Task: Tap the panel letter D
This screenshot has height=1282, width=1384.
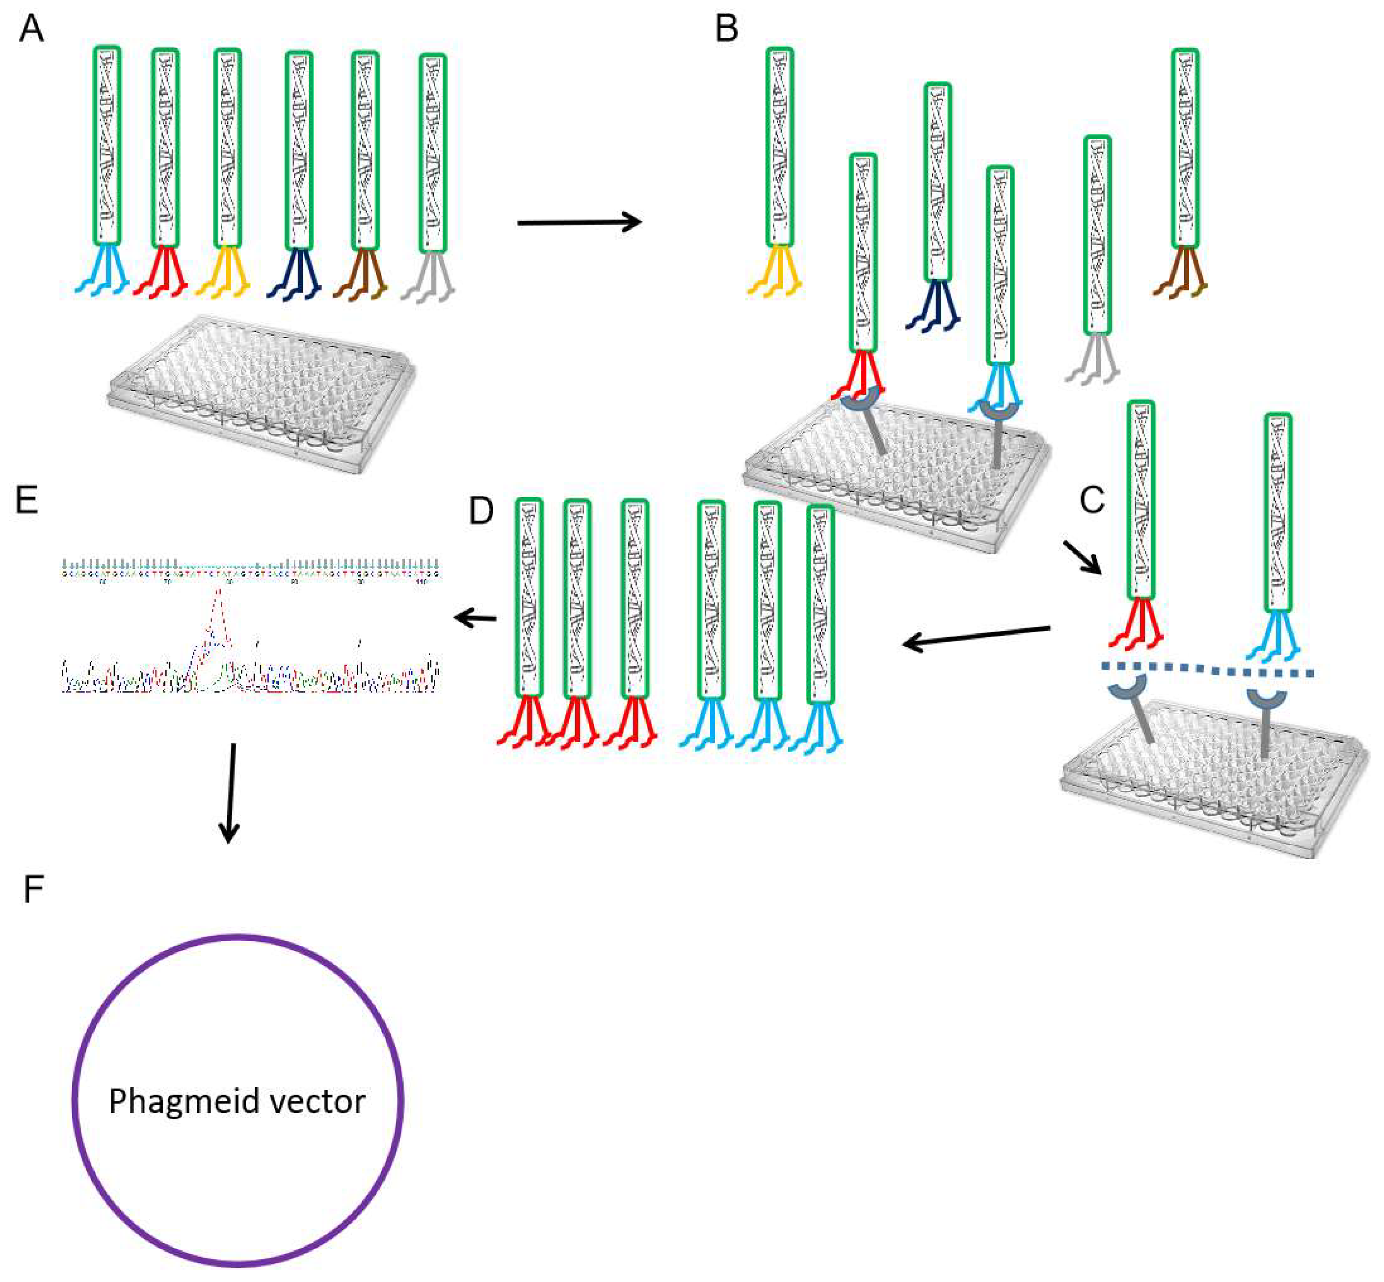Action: point(481,511)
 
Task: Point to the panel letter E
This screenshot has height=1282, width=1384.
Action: point(26,500)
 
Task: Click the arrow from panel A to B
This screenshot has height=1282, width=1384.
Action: point(579,222)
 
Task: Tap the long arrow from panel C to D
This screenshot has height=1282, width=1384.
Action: point(977,637)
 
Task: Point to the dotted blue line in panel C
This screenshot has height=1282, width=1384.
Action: point(1207,670)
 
